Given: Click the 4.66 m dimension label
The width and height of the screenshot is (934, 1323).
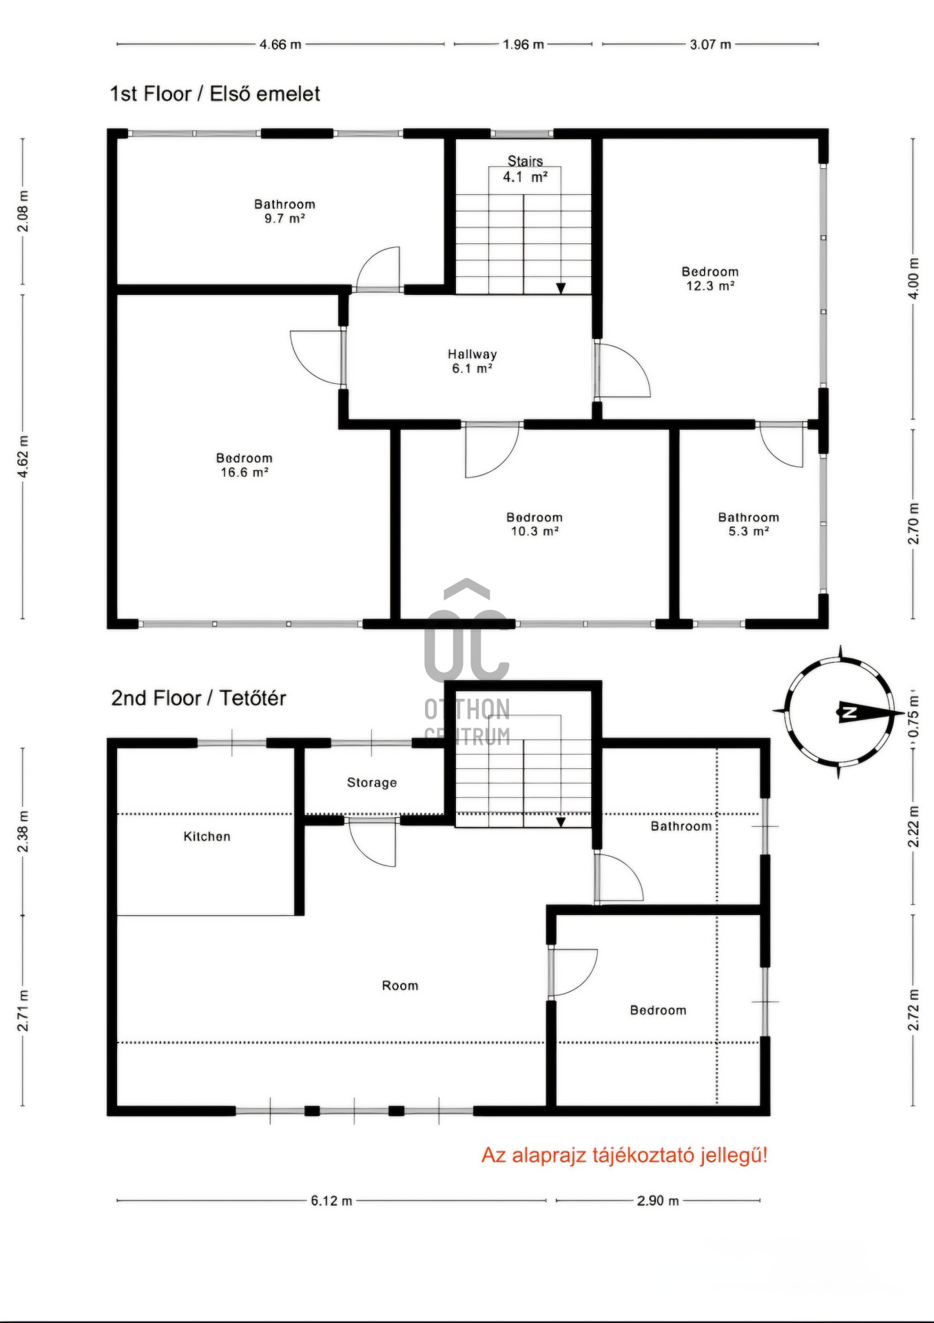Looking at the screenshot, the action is tap(280, 45).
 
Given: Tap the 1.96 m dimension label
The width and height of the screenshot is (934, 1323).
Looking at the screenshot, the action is tap(523, 45).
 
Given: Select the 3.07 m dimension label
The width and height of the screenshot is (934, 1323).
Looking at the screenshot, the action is tap(711, 45).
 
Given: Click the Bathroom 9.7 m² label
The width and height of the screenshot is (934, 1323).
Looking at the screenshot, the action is tap(284, 211).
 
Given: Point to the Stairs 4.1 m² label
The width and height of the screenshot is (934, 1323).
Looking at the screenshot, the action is tap(526, 169).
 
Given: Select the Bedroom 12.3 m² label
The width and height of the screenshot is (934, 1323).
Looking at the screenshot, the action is tap(710, 279).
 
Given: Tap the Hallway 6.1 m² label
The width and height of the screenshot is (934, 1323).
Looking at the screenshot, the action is tap(473, 361).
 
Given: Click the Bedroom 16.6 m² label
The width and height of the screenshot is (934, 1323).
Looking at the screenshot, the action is tap(245, 465).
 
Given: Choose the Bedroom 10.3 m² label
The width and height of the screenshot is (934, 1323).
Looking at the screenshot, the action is tap(535, 524).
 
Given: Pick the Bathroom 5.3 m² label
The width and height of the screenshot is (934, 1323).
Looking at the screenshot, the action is tap(749, 524).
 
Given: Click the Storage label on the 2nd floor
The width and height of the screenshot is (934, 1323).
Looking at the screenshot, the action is tap(372, 783).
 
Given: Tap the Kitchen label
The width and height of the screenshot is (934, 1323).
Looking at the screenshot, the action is tap(207, 837).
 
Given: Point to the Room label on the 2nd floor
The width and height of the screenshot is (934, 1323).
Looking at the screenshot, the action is tap(400, 986).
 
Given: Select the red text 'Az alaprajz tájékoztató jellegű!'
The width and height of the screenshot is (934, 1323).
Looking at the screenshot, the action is tap(624, 1155).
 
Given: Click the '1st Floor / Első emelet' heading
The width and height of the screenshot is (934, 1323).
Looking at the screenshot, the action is tap(215, 94).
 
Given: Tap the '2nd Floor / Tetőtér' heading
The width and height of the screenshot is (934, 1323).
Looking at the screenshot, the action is tap(198, 698).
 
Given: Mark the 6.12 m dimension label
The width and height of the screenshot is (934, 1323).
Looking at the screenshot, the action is tap(331, 1201).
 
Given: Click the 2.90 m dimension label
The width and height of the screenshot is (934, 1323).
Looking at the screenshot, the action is tap(658, 1201).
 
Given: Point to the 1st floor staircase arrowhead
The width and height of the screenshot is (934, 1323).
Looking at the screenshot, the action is tap(561, 288).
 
